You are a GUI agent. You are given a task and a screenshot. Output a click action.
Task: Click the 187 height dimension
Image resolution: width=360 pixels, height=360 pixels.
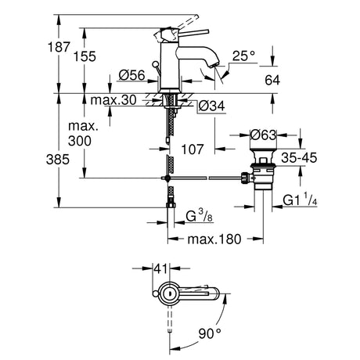[59, 47]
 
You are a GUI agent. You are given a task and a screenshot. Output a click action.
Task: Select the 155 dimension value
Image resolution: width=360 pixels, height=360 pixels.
[85, 56]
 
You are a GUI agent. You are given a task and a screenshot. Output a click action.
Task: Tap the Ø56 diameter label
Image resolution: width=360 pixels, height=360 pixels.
[131, 75]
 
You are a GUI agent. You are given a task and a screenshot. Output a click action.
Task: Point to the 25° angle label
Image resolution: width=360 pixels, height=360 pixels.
[243, 56]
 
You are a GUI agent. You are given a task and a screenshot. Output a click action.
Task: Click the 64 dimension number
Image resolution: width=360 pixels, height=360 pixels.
[272, 80]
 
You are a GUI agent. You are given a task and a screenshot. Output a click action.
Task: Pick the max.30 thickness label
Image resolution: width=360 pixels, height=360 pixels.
[113, 100]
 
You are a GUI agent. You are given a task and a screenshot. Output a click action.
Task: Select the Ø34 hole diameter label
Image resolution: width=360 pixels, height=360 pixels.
[211, 106]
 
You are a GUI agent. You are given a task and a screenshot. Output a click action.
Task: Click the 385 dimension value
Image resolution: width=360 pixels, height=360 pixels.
[58, 159]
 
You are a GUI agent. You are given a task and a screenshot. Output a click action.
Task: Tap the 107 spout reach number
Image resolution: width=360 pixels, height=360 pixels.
[193, 149]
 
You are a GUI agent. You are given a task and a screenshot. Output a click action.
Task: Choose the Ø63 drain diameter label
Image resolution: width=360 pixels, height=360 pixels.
[263, 135]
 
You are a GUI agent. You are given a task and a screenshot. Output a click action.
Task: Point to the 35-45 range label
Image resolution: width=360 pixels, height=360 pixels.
[299, 158]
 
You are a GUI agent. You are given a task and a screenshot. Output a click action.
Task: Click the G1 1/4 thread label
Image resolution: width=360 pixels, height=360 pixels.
[301, 200]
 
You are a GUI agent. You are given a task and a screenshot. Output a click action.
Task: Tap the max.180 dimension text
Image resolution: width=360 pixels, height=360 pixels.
[214, 239]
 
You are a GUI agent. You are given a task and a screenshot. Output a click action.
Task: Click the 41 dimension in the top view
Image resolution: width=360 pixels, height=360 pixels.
[160, 268]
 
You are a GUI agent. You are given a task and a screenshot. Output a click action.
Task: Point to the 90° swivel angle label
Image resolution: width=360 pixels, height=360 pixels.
[210, 333]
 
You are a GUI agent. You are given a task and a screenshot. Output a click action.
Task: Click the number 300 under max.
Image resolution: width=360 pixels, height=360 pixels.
[80, 141]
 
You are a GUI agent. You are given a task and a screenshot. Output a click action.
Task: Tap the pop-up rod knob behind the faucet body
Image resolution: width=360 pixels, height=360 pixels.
[155, 63]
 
